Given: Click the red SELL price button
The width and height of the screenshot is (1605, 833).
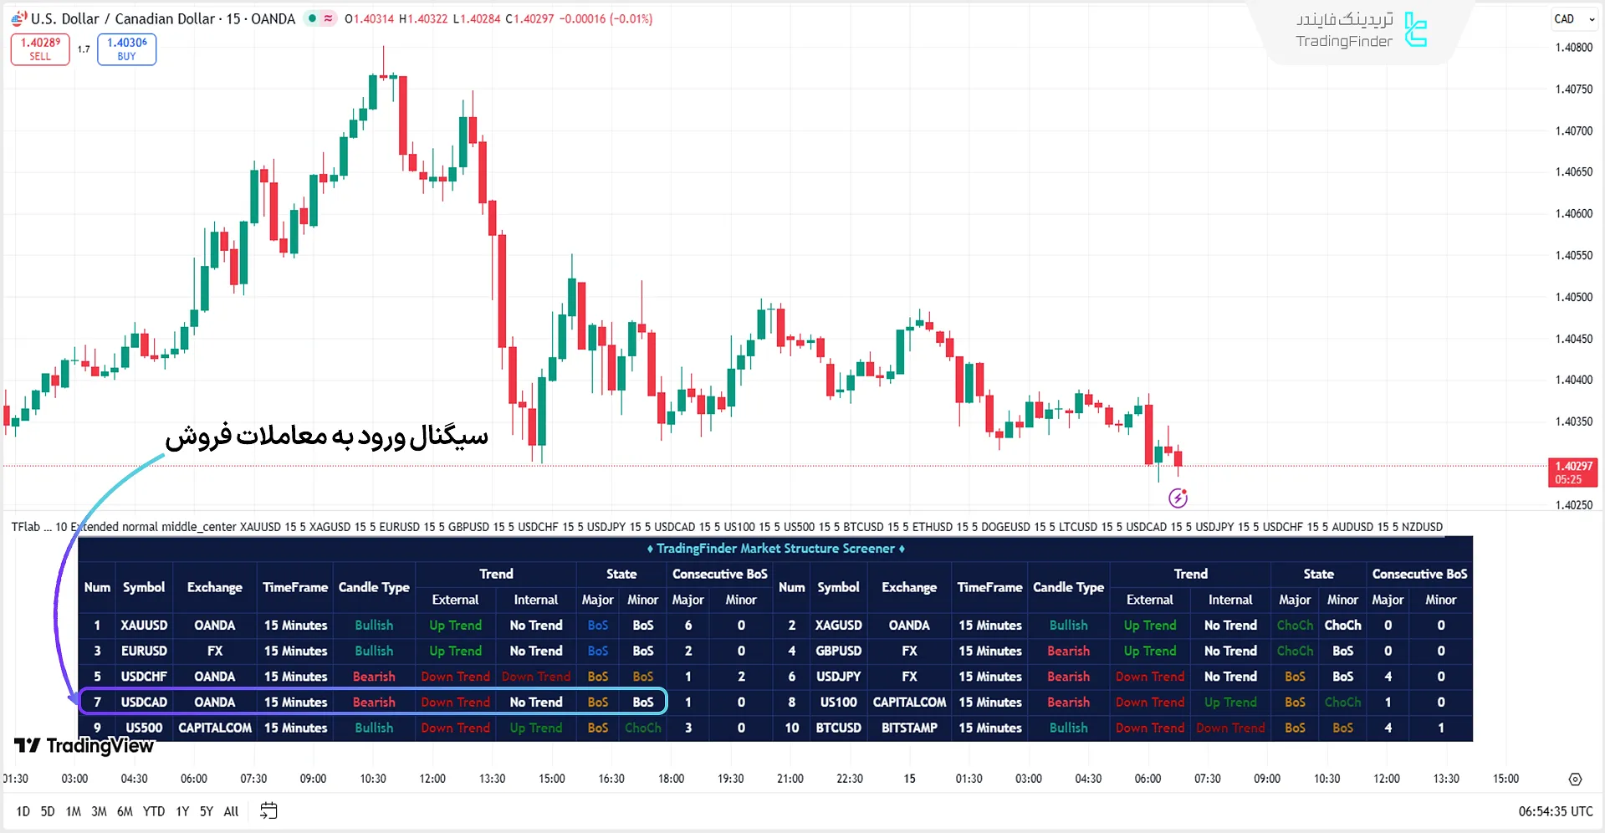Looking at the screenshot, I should (x=40, y=49).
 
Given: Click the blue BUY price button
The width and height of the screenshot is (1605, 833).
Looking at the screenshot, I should (x=126, y=49).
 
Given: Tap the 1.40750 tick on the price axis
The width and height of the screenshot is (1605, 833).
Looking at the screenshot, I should (x=1573, y=89).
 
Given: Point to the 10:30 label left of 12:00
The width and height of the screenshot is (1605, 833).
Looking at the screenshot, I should (x=373, y=779).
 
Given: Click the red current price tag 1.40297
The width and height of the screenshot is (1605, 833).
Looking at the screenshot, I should (x=1572, y=473).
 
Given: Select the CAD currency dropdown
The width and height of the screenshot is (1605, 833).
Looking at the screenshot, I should (x=1574, y=19).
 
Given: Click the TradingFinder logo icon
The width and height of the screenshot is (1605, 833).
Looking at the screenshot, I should (x=1415, y=30).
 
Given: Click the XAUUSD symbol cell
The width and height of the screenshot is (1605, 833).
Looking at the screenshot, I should (x=144, y=626).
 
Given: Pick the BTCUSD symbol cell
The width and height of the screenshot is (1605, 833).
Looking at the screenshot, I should (x=838, y=728).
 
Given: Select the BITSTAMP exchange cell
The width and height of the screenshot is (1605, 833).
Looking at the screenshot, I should (x=909, y=728).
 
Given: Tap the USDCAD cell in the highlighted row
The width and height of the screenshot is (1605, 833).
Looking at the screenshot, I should (x=144, y=703).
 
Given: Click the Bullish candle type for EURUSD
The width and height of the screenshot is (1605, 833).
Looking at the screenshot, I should (x=374, y=652).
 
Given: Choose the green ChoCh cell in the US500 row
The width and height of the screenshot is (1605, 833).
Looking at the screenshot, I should (x=642, y=728).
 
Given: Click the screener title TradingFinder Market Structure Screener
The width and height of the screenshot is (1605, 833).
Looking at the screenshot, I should (x=775, y=549).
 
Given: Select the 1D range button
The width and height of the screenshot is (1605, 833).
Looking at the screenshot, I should (x=23, y=811).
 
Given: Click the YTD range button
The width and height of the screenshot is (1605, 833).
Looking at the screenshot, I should (x=154, y=811).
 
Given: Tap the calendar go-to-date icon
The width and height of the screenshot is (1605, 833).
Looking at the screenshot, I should (x=268, y=811).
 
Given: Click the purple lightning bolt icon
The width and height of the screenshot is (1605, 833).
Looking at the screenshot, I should (x=1178, y=498).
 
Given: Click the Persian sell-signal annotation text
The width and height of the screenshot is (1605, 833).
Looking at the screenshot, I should (x=326, y=437).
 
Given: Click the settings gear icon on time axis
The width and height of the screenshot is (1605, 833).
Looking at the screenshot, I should (x=1575, y=779).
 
